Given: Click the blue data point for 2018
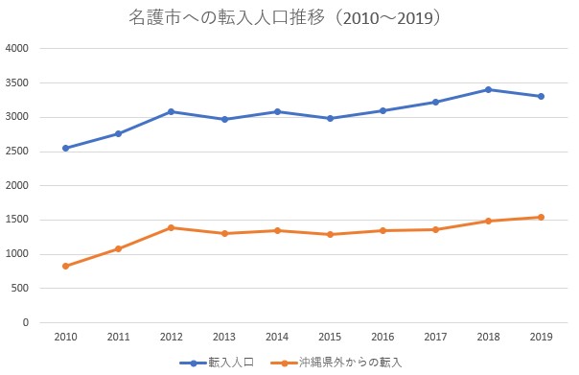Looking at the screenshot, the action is pos(488,89).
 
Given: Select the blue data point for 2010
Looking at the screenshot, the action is pos(66,148).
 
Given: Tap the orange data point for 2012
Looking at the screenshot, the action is pos(171,227).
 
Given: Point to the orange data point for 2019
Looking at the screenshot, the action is pos(541,218).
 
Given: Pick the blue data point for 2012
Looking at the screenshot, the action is pos(171,111).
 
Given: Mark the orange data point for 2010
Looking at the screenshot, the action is pos(66,266).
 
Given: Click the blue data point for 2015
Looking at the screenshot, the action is pos(330,118).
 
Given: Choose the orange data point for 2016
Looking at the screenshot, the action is pos(382,230).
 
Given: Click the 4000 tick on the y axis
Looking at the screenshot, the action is pos(16,48).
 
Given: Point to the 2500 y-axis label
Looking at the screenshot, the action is pos(16,152).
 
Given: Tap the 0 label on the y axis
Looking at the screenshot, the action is pos(26,322).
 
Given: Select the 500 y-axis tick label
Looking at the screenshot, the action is pos(19,288).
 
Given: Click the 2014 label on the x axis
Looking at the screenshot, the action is pos(277,337).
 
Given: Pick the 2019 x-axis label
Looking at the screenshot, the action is pos(541,337).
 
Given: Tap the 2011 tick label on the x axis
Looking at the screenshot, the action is pos(119,337).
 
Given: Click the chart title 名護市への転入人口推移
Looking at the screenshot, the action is pos(227,17).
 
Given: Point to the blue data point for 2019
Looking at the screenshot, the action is pos(541,97).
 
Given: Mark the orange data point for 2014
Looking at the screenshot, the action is pos(277,230).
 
